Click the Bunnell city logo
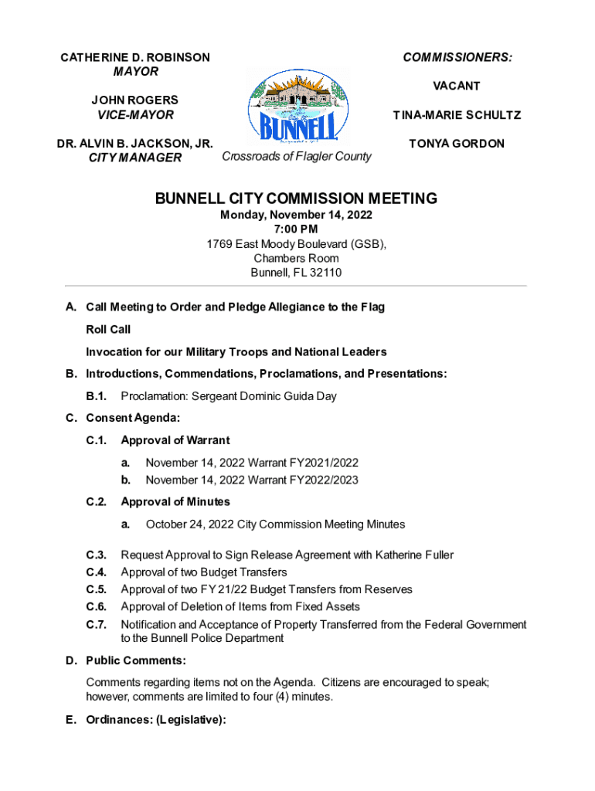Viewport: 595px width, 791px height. [297, 106]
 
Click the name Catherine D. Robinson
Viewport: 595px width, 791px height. [135, 58]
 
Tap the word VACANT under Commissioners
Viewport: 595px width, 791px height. [456, 86]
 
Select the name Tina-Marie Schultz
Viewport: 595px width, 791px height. [456, 115]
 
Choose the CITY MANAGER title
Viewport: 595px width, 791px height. [135, 158]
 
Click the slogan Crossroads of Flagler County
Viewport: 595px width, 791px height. [296, 157]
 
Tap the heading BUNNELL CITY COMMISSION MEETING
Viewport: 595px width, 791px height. [296, 199]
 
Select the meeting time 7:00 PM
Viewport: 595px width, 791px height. [296, 229]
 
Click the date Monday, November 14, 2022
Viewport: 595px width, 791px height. [296, 215]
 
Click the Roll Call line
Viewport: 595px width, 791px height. [108, 330]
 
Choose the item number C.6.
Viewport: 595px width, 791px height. [96, 607]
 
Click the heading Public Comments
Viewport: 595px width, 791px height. [135, 661]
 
